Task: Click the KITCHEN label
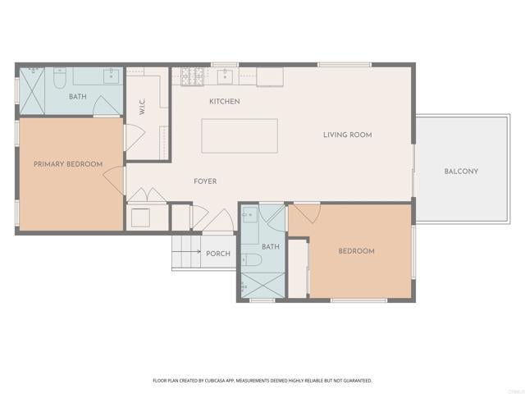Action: pos(224,101)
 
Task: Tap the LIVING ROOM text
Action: pos(348,135)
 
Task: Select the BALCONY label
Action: pos(461,171)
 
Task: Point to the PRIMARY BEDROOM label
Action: pos(68,164)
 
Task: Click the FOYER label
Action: pos(205,181)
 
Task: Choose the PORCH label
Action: pos(218,254)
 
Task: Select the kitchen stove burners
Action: pos(191,76)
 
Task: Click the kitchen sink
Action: pos(227,77)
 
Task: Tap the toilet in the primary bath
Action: pos(59,78)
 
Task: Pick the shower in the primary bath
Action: pos(34,88)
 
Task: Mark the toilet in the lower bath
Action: pos(253,260)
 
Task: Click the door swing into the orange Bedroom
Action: pos(307,213)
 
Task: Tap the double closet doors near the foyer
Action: pos(147,196)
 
